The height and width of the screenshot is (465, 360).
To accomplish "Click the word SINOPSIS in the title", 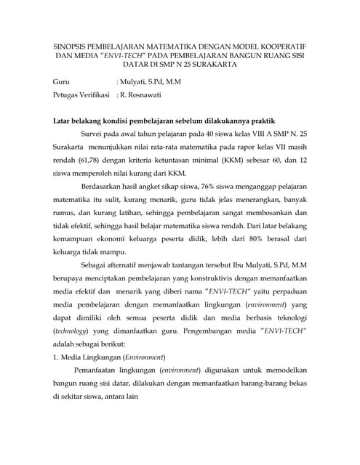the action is click(69, 43).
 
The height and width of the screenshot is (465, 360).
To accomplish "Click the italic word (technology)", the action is click(75, 329).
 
